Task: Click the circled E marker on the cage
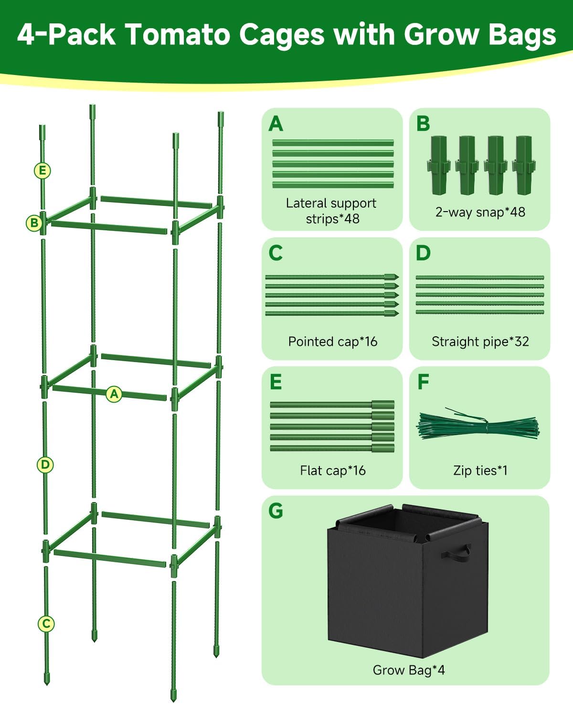tap(42, 171)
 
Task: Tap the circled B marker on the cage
tap(34, 223)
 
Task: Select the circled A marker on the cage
tap(114, 394)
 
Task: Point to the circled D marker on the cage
tap(45, 464)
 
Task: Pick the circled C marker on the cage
tap(46, 623)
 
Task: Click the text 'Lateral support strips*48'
tap(331, 211)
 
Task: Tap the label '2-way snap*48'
tap(480, 212)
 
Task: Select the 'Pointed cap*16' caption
tap(332, 341)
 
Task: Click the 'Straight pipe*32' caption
tap(480, 341)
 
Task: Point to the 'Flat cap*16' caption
tap(332, 470)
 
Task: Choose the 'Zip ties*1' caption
tap(480, 470)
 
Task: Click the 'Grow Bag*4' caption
tap(408, 670)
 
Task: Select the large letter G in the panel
tap(276, 511)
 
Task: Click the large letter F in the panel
tap(423, 382)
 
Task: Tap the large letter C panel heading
tap(276, 253)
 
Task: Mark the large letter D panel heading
tap(423, 253)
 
